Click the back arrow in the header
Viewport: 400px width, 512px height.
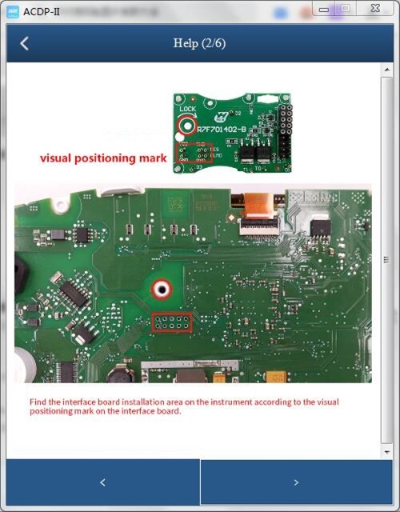point(24,43)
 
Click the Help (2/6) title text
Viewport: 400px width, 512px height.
point(199,43)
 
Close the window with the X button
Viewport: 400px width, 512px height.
point(374,9)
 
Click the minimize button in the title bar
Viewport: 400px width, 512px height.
point(324,9)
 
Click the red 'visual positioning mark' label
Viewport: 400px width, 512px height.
point(104,158)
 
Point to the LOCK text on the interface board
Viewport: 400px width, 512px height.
point(187,109)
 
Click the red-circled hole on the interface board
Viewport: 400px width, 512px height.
point(188,123)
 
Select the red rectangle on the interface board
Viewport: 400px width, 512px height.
point(194,154)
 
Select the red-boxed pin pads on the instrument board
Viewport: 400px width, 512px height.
point(171,323)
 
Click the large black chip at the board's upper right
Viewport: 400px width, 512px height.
point(321,228)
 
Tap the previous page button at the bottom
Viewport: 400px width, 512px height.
point(102,482)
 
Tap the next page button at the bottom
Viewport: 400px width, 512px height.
point(296,482)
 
